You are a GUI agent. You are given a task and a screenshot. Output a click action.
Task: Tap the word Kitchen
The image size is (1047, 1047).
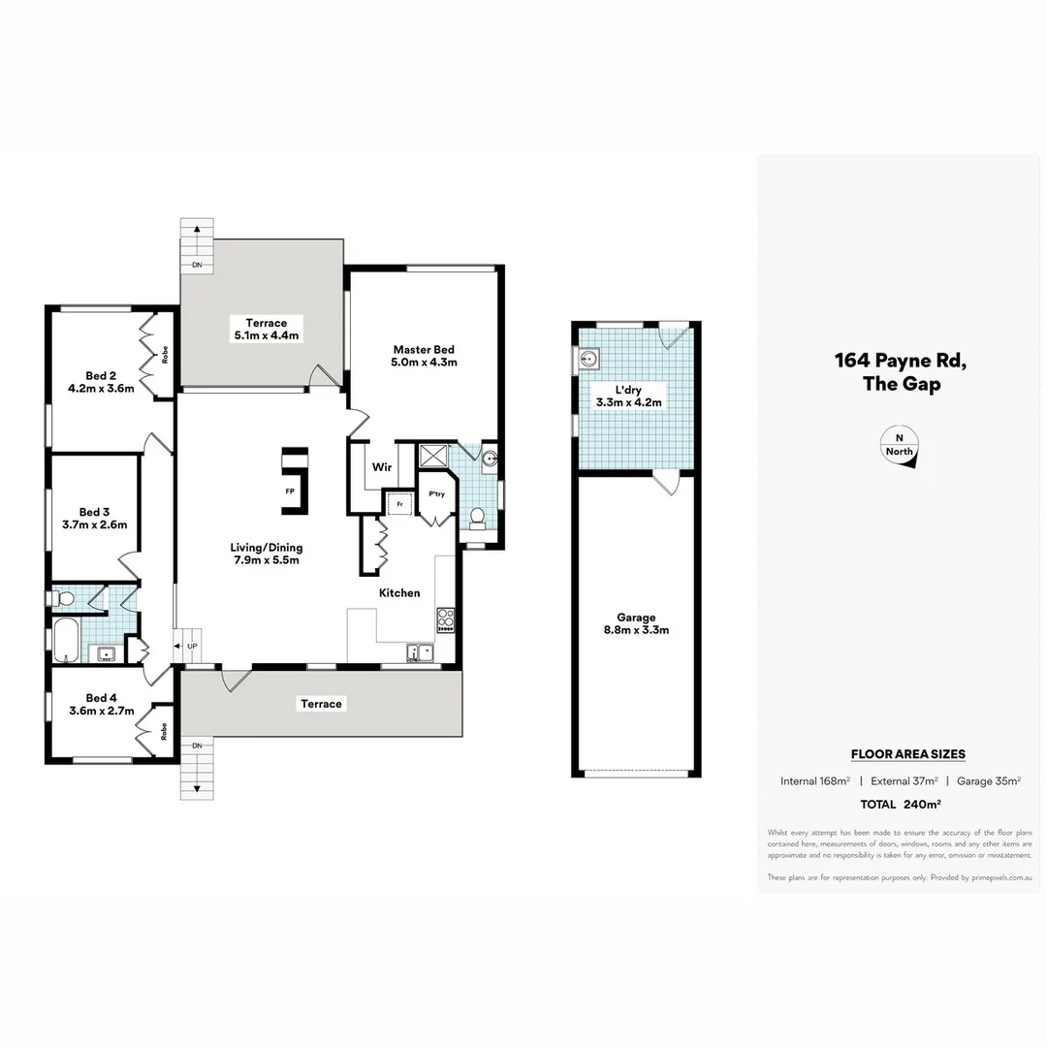tap(398, 592)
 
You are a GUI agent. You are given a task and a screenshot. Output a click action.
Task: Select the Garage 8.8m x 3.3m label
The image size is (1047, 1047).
tap(636, 623)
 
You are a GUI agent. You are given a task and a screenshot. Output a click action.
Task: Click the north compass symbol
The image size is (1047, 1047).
tap(899, 449)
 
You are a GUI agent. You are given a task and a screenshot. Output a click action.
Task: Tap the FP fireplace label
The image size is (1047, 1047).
tap(289, 492)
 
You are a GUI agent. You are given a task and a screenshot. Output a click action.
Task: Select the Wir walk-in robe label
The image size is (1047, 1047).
tap(381, 467)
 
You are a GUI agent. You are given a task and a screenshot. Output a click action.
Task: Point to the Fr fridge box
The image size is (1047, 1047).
tap(397, 504)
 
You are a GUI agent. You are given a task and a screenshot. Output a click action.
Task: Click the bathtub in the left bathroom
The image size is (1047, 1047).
tap(65, 640)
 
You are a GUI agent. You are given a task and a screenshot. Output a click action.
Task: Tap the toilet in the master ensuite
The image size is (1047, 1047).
tap(476, 519)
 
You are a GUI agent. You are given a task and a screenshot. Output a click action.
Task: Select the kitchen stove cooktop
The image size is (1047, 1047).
tap(446, 619)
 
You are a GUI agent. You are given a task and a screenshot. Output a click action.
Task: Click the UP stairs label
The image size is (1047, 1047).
tap(192, 646)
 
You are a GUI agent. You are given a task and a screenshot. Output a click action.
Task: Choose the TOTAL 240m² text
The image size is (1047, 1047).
tap(901, 804)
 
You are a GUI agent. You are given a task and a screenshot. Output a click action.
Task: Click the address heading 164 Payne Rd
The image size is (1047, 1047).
tap(901, 361)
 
